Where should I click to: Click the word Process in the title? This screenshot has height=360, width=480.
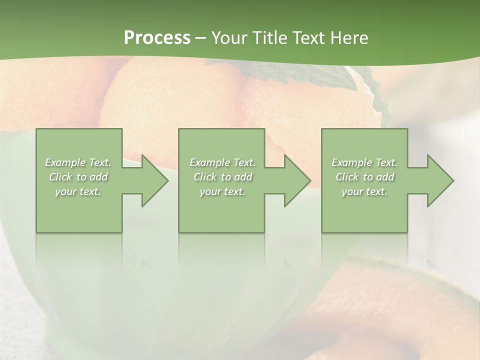click(157, 38)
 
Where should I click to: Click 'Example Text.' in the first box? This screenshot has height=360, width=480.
click(78, 162)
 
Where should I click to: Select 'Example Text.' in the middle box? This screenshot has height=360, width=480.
click(222, 162)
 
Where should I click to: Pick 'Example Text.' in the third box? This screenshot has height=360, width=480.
click(364, 162)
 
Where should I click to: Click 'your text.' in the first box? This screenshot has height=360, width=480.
click(78, 191)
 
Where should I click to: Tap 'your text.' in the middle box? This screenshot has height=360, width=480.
click(222, 191)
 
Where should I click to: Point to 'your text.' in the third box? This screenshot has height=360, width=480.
click(364, 191)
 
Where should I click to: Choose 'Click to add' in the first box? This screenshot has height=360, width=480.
click(78, 177)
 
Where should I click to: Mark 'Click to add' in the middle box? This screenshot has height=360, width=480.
click(222, 177)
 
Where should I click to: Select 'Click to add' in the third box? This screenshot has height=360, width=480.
click(364, 177)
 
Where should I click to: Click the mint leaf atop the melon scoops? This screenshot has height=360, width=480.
click(320, 75)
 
